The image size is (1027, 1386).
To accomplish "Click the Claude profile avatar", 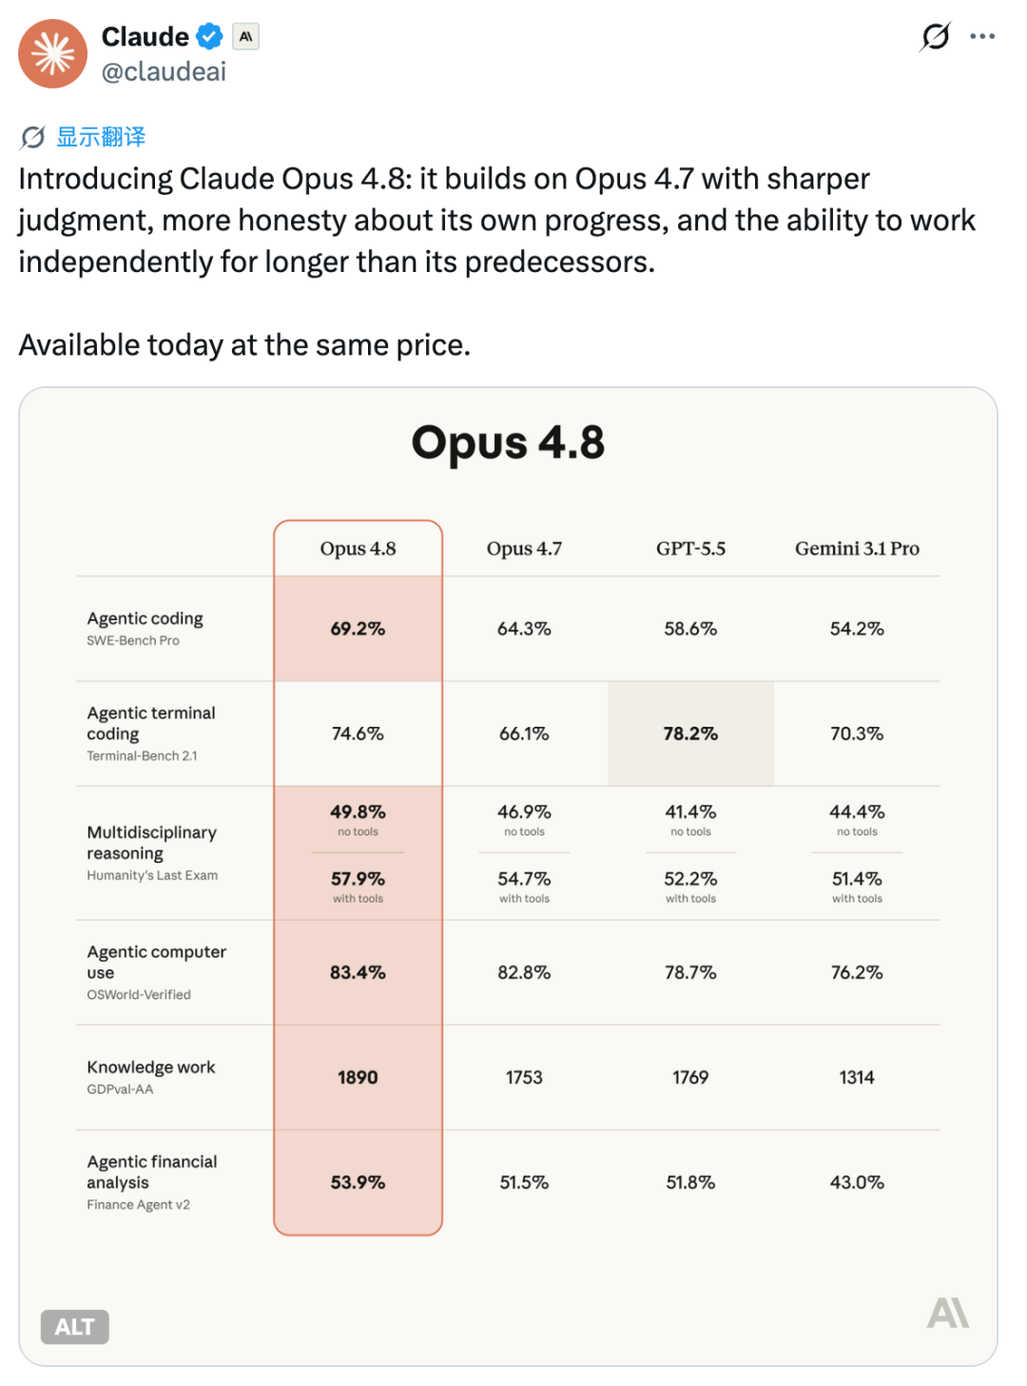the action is (52, 53).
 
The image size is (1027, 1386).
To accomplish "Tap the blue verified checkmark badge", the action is (209, 36).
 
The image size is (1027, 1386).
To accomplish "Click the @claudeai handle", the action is (164, 72).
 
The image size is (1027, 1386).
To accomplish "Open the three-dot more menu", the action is (982, 36).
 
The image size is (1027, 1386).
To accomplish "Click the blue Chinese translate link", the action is (101, 137).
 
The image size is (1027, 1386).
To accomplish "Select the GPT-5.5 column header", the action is (690, 548).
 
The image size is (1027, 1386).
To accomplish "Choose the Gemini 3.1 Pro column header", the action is (857, 548).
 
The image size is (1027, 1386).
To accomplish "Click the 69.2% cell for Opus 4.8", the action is (358, 628).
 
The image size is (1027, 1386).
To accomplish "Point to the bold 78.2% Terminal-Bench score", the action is (690, 733).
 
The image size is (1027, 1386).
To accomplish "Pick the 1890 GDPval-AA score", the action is (358, 1077).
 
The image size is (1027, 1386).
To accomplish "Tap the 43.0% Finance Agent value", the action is (857, 1182).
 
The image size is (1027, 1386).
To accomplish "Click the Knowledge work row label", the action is (150, 1066).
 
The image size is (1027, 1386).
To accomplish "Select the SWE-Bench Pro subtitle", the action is (133, 640).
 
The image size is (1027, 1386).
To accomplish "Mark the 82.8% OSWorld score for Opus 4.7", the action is (524, 972).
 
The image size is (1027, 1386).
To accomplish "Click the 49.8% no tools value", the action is (358, 811).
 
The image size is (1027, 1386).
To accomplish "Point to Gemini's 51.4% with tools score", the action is (857, 879).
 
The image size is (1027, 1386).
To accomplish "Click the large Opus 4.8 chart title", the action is (508, 442).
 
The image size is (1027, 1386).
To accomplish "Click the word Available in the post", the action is (77, 345).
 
